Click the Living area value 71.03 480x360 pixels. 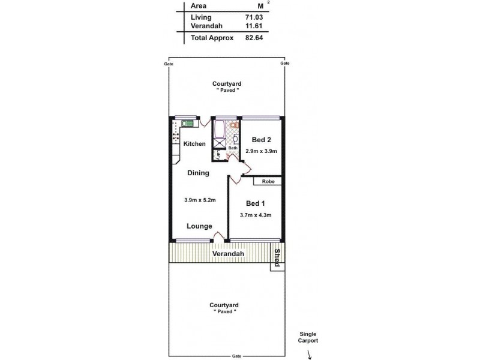pyautogui.click(x=254, y=17)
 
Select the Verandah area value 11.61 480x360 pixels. pyautogui.click(x=254, y=26)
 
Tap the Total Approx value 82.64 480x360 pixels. pyautogui.click(x=254, y=37)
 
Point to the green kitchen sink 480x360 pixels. pyautogui.click(x=188, y=124)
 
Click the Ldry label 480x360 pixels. pyautogui.click(x=219, y=155)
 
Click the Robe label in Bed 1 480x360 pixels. pyautogui.click(x=267, y=181)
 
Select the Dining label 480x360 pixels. pyautogui.click(x=198, y=173)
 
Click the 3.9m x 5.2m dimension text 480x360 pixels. pyautogui.click(x=199, y=200)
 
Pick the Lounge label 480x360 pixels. pyautogui.click(x=199, y=226)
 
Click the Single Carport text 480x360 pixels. pyautogui.click(x=308, y=337)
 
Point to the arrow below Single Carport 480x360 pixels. pyautogui.click(x=310, y=355)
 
